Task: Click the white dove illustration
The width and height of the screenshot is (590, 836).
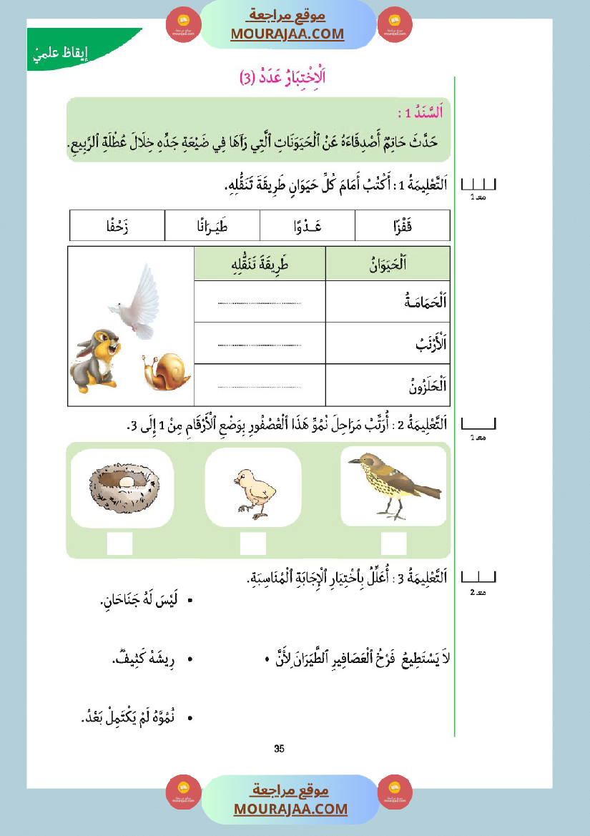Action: (135, 298)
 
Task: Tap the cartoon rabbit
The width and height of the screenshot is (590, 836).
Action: (94, 357)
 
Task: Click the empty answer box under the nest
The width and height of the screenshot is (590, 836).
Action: (119, 544)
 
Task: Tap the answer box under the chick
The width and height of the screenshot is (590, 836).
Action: (252, 544)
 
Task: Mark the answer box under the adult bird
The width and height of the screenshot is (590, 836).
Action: (393, 544)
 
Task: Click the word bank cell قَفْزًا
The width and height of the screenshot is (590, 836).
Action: (402, 225)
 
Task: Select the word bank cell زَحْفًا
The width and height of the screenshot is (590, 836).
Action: (117, 225)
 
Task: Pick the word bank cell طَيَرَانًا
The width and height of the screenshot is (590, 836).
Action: (212, 225)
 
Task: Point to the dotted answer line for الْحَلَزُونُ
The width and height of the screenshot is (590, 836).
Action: (260, 387)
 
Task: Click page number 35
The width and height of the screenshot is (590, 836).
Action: (279, 749)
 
